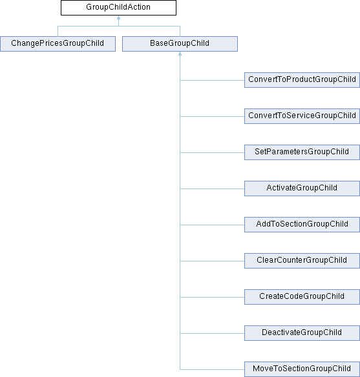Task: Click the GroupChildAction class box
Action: [x=118, y=8]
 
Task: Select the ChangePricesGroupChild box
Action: [x=58, y=44]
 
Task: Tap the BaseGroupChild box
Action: [x=180, y=44]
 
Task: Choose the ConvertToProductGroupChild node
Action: [x=302, y=80]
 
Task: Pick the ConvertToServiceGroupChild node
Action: [x=302, y=116]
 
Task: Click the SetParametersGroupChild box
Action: [x=302, y=152]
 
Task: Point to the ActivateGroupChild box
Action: [x=302, y=188]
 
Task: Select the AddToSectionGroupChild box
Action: [x=302, y=225]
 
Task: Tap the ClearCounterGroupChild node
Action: [x=302, y=261]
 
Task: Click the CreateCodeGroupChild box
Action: [x=302, y=297]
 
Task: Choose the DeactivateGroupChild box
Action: [x=302, y=333]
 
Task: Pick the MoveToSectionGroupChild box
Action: [x=302, y=369]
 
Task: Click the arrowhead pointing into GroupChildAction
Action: [x=118, y=17]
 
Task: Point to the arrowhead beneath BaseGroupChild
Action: [x=180, y=54]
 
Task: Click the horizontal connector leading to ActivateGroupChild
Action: [x=212, y=188]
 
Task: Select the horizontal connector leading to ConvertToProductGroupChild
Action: [x=212, y=80]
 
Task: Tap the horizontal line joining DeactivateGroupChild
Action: [x=212, y=333]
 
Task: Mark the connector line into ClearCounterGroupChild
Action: [x=212, y=261]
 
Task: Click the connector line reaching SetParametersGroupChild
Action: [x=212, y=153]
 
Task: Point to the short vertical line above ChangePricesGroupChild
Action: [x=58, y=31]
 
